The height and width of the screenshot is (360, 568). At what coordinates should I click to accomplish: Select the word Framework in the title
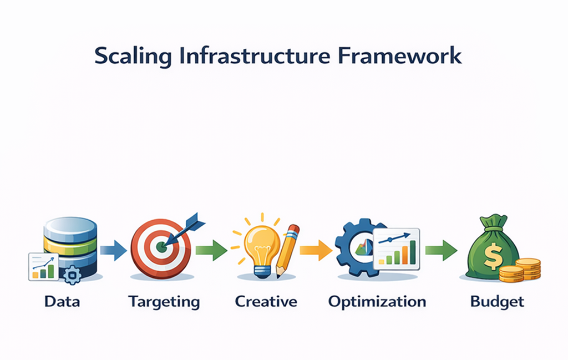pos(404,57)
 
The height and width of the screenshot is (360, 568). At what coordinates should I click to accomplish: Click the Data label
pos(62,302)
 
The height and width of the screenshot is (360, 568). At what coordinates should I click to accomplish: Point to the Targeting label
pos(164,302)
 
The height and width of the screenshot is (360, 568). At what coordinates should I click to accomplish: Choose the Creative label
pos(266,302)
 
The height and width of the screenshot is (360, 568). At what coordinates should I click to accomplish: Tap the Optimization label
pos(377,302)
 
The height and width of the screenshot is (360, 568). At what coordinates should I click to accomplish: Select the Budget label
pos(497,302)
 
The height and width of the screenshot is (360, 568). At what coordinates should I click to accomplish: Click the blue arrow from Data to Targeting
pos(114,250)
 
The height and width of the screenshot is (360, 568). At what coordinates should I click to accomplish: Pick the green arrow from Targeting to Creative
pos(211,250)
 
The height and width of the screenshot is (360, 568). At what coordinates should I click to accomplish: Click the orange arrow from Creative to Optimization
pos(316,250)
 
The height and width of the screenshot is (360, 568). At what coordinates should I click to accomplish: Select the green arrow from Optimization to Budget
pos(441,250)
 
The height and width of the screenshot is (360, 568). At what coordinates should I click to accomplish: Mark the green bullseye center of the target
pos(161,247)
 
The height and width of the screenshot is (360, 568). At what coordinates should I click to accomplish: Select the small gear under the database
pos(72,275)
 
